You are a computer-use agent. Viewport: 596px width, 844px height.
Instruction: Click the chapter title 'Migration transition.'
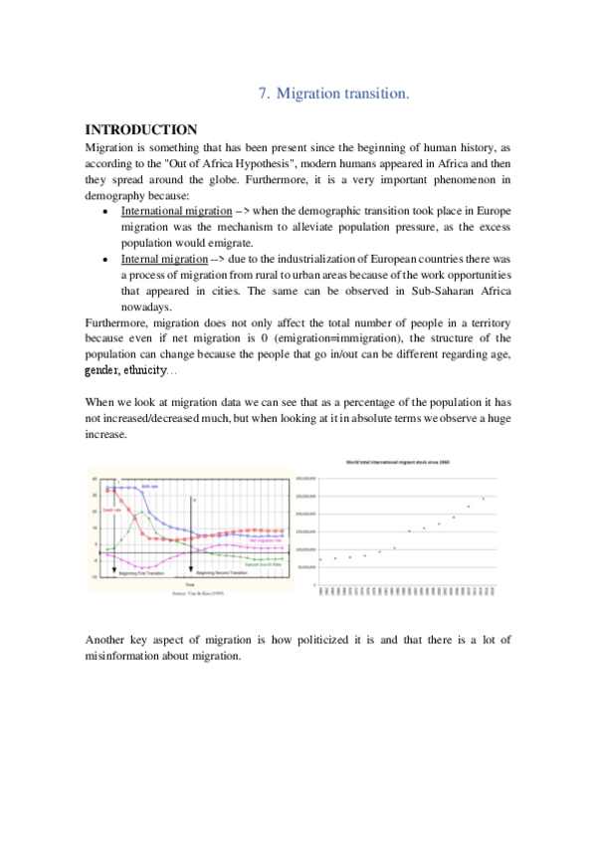pos(342,94)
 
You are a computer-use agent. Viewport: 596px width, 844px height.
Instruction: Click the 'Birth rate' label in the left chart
pos(150,486)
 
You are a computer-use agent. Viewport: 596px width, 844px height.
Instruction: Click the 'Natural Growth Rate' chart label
pos(265,564)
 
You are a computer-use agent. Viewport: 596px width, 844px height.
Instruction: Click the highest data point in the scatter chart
pos(483,499)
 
